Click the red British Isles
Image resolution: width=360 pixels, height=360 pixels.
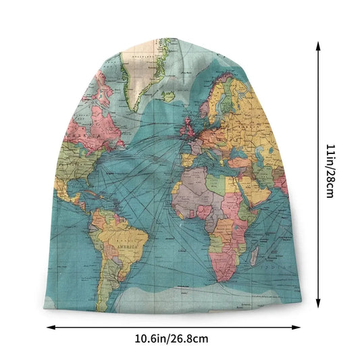(186, 128)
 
